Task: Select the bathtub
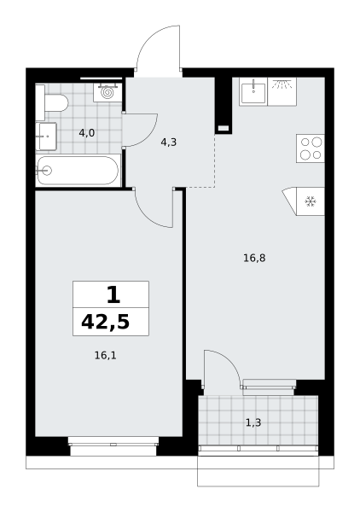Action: pos(78,171)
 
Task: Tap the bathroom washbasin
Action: pos(46,137)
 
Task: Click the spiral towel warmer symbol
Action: pos(107,92)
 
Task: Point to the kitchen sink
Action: pos(253,92)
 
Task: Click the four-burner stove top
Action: pos(311,148)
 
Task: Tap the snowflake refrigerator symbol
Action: pos(311,201)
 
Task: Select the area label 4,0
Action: pos(87,133)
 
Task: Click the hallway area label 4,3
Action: pos(169,143)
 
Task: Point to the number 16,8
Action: pos(254,259)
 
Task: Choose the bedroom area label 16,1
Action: pos(106,355)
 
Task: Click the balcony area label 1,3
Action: pos(253,423)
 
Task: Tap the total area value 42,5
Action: pos(106,322)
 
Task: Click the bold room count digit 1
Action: pos(113,294)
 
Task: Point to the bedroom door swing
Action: pos(146,217)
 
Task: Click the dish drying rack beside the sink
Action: pos(282,92)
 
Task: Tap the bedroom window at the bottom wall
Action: pos(113,445)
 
